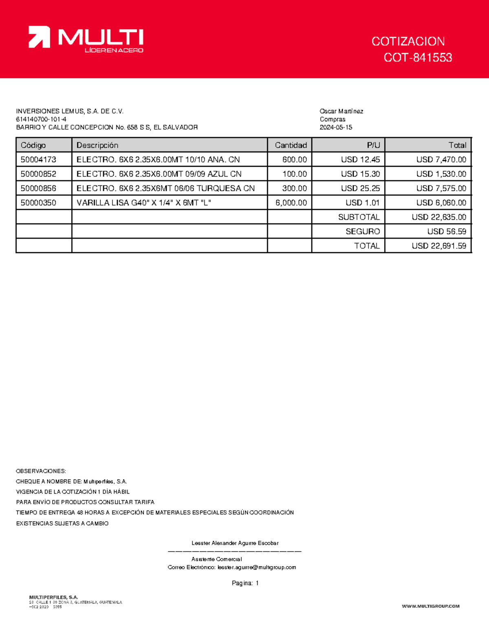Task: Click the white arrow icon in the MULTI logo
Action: coord(39,37)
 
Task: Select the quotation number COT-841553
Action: coord(418,57)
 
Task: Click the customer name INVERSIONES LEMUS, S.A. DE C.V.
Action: coord(70,111)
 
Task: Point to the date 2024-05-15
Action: coord(336,127)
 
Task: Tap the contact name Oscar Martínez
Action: coord(341,111)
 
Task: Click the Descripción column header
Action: coord(97,145)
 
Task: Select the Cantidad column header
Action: coord(291,145)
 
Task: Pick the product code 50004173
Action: coord(38,159)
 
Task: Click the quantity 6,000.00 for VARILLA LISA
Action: coord(291,203)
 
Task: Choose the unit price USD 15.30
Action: coord(360,174)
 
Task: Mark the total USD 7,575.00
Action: coord(441,188)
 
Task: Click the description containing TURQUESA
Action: coord(165,188)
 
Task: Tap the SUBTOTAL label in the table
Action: coord(359,217)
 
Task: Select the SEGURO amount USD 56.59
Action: coord(447,232)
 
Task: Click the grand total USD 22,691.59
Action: coord(439,246)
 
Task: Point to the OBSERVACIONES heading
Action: coord(41,471)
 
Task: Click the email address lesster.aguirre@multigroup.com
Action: coord(257,567)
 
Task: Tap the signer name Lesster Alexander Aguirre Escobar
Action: coord(235,543)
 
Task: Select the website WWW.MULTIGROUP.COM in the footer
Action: coord(431,606)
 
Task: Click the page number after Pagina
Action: coord(257,583)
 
